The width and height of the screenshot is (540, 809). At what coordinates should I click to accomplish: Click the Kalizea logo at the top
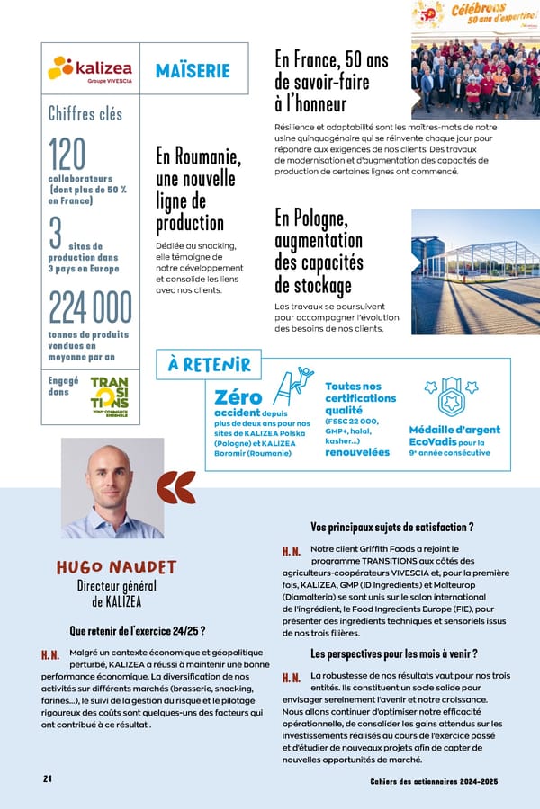point(90,69)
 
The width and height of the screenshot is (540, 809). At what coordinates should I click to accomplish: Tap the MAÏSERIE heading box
point(192,70)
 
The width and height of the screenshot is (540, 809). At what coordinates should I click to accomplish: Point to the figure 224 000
point(90,308)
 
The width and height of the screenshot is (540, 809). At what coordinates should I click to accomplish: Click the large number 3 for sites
point(56,232)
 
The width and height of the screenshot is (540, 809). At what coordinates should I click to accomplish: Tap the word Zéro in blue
point(238,397)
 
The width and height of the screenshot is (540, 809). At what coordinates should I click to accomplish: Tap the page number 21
point(48,778)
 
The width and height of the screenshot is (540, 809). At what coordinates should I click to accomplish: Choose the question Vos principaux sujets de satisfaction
point(391,527)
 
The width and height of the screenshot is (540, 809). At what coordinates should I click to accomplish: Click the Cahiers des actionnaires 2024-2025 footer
point(434,780)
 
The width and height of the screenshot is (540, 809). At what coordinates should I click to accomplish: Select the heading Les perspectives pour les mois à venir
point(393,653)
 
